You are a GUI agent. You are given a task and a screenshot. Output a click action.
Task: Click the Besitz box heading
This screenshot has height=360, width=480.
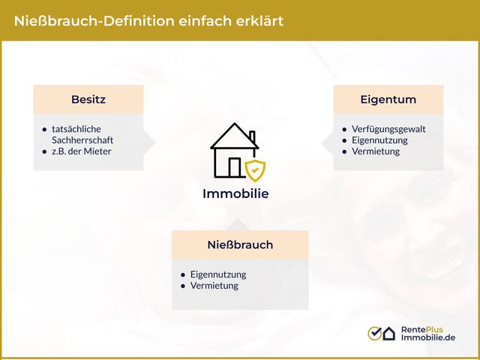tap(88, 99)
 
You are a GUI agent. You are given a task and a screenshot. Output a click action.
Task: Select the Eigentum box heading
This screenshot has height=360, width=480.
tap(388, 99)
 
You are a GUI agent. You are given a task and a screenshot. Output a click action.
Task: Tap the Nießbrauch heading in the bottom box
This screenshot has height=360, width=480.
tap(240, 244)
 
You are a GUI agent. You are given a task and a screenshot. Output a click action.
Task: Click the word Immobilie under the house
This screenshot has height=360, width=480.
tap(235, 193)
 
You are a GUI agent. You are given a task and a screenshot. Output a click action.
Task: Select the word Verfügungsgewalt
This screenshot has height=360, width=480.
tap(388, 129)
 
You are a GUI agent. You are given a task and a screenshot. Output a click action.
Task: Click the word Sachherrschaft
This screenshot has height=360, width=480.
tap(82, 140)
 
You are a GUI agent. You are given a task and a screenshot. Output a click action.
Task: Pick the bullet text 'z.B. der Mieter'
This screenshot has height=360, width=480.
tap(82, 151)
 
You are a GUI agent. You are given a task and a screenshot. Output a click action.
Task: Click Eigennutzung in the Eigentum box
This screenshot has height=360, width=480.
tap(379, 140)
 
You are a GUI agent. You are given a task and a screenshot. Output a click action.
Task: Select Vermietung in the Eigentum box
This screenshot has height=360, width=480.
tap(376, 151)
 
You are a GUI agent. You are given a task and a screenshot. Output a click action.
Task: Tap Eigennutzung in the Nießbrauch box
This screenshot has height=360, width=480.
tap(218, 274)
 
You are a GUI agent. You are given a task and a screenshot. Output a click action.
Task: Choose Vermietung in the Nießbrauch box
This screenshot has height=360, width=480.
tap(214, 286)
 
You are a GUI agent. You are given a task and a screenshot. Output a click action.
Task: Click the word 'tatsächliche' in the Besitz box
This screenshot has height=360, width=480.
tap(76, 129)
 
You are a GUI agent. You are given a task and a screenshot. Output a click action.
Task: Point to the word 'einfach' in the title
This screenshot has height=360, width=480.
tap(202, 20)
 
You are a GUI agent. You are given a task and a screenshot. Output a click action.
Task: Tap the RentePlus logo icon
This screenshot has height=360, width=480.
tap(381, 333)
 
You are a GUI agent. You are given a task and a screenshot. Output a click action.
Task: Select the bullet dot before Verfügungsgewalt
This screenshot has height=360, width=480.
tap(344, 129)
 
